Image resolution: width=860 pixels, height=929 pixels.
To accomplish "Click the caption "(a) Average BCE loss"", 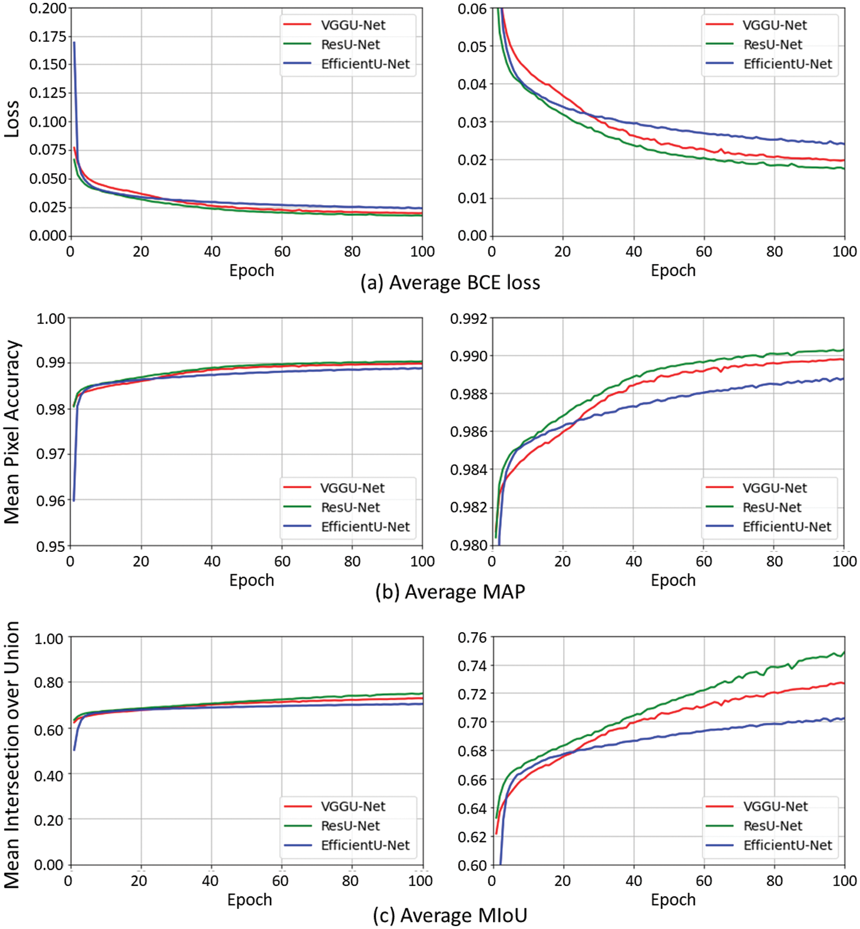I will [450, 283].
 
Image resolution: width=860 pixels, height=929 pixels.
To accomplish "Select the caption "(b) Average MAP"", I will [450, 591].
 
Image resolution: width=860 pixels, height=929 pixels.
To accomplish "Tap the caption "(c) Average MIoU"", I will [450, 915].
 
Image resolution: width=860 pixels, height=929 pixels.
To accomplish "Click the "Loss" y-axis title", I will [11, 119].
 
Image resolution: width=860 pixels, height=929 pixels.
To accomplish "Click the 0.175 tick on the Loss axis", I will [48, 37].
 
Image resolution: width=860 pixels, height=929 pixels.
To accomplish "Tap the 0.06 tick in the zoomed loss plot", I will [472, 9].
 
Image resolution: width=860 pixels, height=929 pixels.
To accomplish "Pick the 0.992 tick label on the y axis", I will [468, 319].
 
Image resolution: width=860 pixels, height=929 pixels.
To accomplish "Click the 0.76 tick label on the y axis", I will [472, 637].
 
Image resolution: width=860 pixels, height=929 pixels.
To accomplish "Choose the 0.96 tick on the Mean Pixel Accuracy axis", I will [51, 501].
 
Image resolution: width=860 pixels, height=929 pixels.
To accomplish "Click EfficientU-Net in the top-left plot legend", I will [365, 64].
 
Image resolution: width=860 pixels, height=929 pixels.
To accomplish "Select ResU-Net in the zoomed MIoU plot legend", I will [772, 826].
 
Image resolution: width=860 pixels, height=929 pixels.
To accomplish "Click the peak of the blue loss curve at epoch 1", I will [74, 42].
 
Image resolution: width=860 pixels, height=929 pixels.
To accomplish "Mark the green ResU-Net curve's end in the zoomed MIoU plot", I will [844, 652].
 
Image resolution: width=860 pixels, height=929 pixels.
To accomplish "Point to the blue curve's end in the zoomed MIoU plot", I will [844, 718].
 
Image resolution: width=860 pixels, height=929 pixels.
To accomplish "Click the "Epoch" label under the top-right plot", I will [673, 271].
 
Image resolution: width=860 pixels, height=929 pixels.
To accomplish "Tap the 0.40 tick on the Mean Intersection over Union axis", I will [49, 775].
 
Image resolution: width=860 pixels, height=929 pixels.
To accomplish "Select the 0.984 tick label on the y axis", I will [468, 469].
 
